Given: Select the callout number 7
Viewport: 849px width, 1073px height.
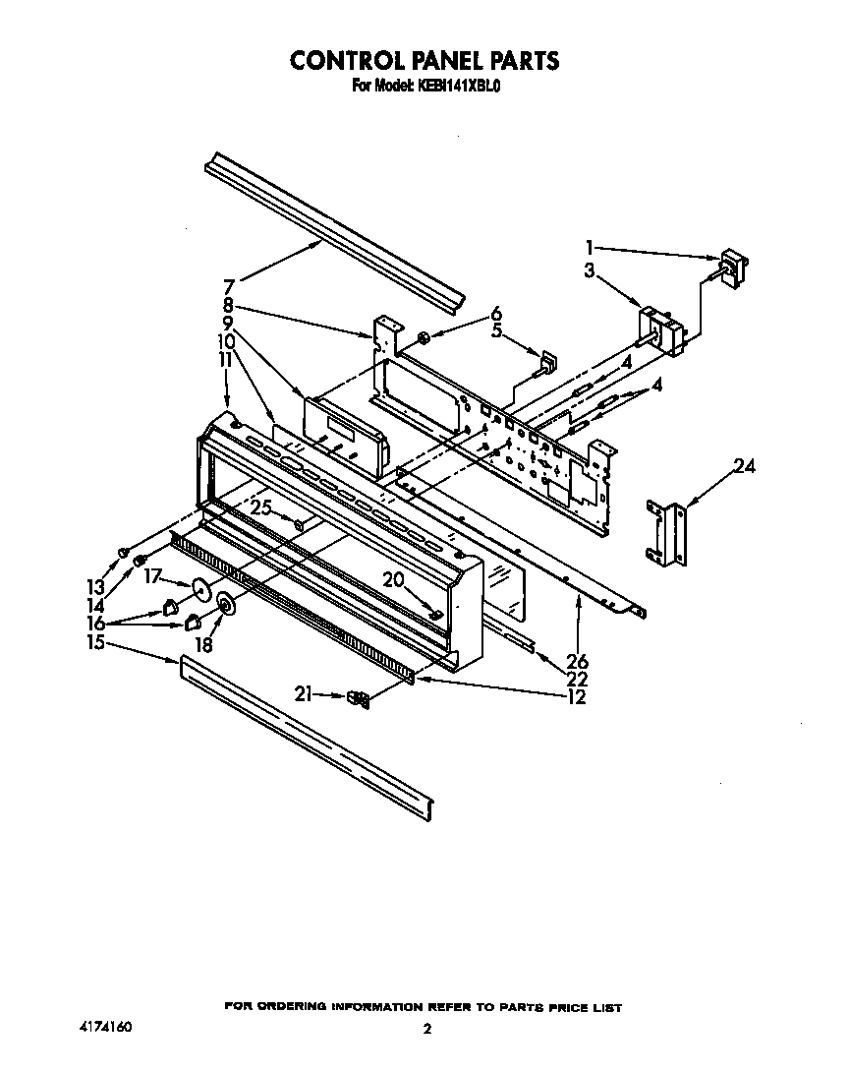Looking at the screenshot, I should click(x=228, y=287).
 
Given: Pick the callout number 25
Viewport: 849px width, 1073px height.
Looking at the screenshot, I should click(x=260, y=507).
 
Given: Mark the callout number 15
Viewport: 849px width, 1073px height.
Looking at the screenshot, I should click(x=94, y=643).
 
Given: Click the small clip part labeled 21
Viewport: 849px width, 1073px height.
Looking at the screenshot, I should click(x=360, y=698).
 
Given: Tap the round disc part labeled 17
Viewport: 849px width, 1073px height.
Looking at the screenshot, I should click(x=201, y=590).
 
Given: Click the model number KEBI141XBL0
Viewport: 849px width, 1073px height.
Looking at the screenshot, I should click(x=461, y=87).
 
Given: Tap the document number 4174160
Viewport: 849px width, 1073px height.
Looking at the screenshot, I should click(x=104, y=1027).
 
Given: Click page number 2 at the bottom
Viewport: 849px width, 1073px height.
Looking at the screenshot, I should click(x=426, y=1030).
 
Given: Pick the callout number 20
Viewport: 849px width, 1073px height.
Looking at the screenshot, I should click(x=394, y=580).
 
